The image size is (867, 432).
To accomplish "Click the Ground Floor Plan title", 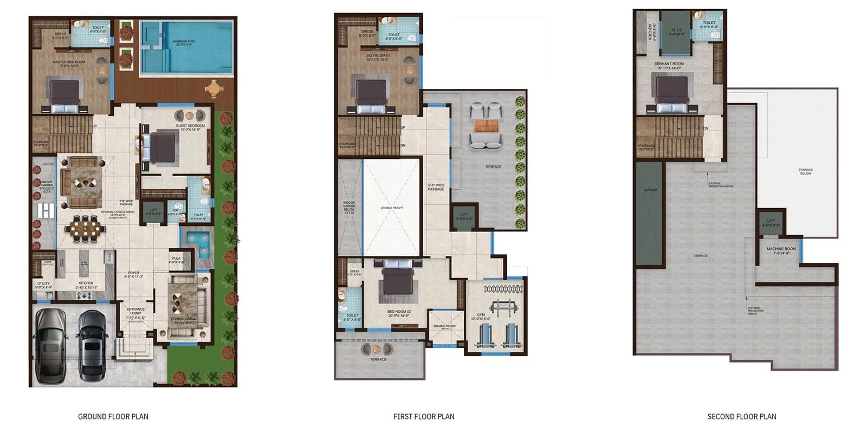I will click(113, 416).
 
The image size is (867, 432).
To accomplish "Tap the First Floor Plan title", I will click(424, 416).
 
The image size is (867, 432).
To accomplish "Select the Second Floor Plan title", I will click(741, 416).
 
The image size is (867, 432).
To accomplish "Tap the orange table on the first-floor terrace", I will click(486, 126).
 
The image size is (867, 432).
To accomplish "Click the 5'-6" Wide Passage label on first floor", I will click(436, 187).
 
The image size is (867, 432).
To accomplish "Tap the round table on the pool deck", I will click(214, 88).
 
